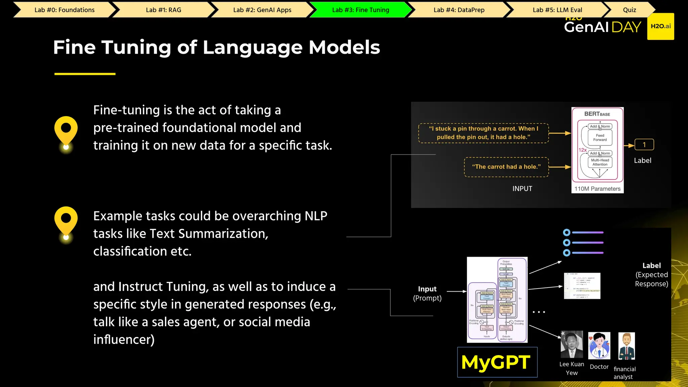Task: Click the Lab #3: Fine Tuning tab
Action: click(360, 10)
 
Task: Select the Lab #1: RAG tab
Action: click(163, 10)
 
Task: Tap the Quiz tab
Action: click(629, 10)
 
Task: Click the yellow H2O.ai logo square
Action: click(660, 27)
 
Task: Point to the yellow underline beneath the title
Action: click(85, 74)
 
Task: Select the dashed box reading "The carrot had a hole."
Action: click(506, 167)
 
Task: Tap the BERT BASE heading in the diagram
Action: click(597, 114)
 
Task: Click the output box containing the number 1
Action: click(644, 145)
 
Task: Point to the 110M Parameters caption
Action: click(597, 189)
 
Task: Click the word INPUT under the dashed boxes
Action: click(522, 189)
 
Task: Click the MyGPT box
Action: click(497, 362)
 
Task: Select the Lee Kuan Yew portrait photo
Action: click(572, 345)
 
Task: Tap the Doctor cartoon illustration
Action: click(599, 346)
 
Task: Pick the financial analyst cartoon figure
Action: click(627, 346)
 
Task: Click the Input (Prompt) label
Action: click(427, 293)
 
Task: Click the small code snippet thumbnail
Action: click(582, 286)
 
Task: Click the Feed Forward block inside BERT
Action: click(600, 138)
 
